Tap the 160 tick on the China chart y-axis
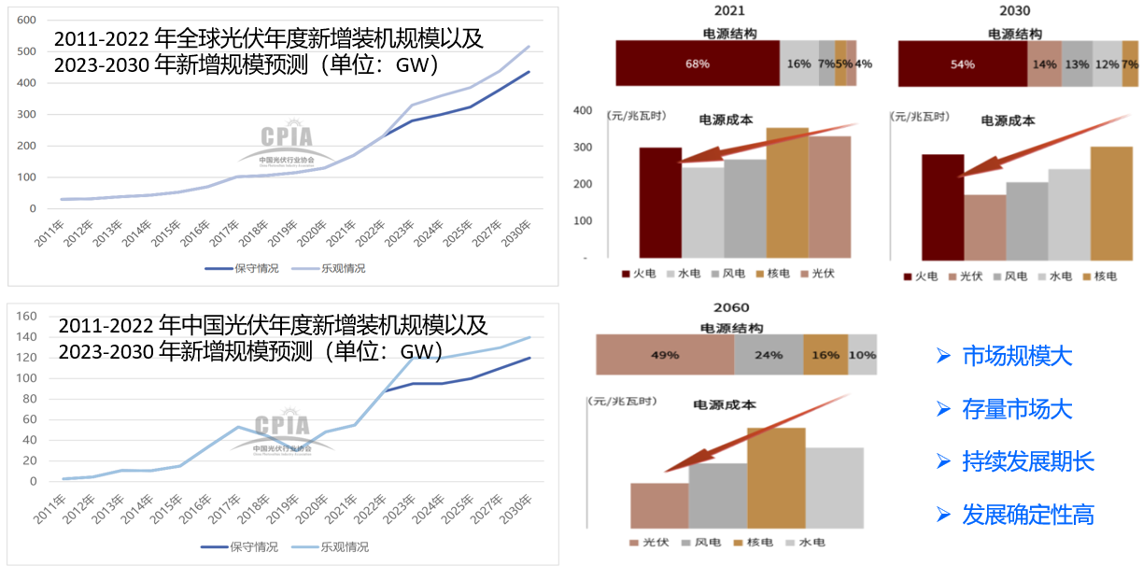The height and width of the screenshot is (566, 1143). tap(28, 317)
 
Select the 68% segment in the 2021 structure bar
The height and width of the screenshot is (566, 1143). tap(698, 64)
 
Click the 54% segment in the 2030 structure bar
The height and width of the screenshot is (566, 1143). tap(963, 64)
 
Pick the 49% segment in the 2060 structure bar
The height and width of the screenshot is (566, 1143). tap(665, 355)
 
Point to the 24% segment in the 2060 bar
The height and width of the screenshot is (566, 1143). tap(769, 355)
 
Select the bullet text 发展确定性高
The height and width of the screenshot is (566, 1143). tap(1027, 515)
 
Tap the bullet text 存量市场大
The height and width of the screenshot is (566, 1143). tap(1016, 409)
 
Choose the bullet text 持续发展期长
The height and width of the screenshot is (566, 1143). tap(1027, 461)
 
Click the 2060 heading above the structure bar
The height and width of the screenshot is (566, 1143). tap(731, 307)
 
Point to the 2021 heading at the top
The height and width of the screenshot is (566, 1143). tap(729, 11)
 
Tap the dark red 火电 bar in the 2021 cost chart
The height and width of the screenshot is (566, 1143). tap(660, 202)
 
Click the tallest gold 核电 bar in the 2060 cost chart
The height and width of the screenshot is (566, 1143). tap(776, 478)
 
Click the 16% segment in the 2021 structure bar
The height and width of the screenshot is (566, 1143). tap(798, 64)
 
